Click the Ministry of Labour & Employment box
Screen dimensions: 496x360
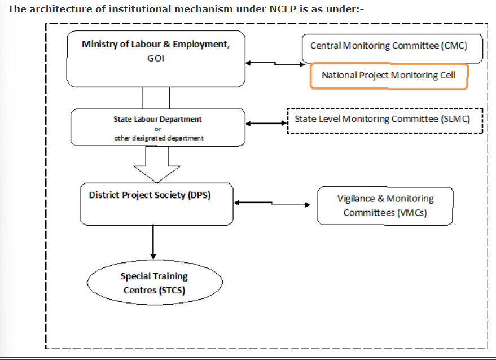(x=156, y=59)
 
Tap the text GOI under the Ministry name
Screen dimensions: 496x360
(x=156, y=58)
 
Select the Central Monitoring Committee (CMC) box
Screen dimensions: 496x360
(x=392, y=49)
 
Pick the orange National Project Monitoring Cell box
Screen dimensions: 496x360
(x=389, y=76)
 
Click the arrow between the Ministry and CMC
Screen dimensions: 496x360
(x=275, y=64)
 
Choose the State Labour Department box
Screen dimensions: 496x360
(x=158, y=128)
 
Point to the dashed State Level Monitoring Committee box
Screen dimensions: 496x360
(x=385, y=121)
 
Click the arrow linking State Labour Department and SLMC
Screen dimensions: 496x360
(x=266, y=124)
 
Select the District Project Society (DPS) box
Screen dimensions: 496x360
(x=156, y=204)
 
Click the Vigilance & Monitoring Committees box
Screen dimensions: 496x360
(x=385, y=206)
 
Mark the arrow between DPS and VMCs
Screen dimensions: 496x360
(x=272, y=203)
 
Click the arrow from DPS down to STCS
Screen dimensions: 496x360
(x=153, y=242)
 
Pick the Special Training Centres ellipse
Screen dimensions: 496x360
(x=155, y=283)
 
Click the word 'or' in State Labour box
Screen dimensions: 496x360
(x=158, y=129)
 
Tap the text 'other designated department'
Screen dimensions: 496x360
(x=159, y=138)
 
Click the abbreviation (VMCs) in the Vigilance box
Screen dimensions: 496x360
(x=411, y=213)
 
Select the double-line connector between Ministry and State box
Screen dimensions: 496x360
(x=156, y=98)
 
